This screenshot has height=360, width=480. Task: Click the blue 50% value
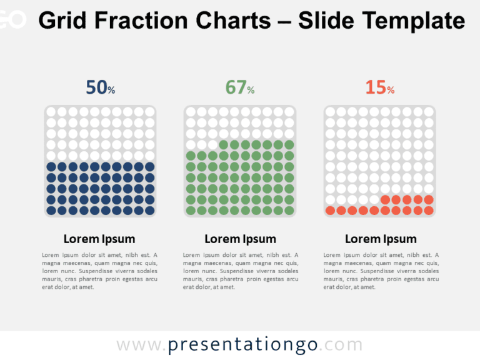pos(100,88)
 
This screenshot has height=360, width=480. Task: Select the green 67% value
pos(240,88)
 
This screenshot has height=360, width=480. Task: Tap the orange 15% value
pos(380,88)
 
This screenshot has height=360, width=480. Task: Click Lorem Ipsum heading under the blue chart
pos(99,239)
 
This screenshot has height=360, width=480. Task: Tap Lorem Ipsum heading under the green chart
pos(240,239)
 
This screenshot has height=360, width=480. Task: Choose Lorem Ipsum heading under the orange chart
pos(381,239)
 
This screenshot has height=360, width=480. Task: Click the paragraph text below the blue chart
pos(99,271)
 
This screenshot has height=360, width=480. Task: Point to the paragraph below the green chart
pos(240,271)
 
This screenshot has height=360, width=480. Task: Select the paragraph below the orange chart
pos(381,271)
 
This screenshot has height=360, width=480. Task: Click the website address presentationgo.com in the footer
pos(240,345)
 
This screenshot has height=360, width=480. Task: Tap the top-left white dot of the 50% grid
pos(51,112)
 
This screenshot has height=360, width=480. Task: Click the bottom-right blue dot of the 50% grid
pos(149,211)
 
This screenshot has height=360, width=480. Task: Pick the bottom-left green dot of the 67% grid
pos(191,211)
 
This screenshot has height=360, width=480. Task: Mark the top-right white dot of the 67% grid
pos(289,112)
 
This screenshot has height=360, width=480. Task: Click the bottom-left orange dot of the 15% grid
pos(331,211)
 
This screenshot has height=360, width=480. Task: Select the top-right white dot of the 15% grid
pos(429,112)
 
